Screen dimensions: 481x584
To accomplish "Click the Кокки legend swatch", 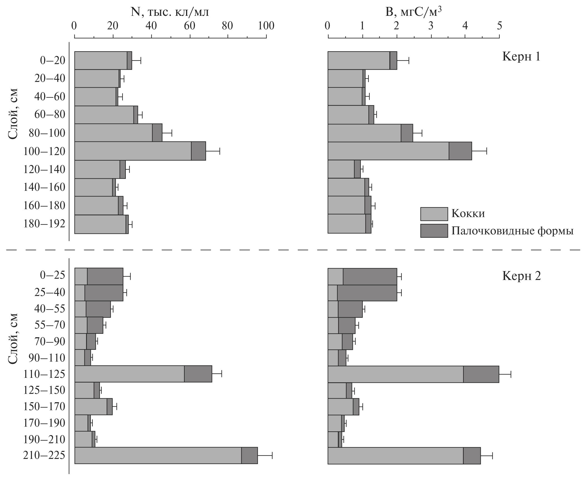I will tap(434, 214).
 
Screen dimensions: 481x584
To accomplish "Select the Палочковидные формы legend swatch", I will tap(434, 231).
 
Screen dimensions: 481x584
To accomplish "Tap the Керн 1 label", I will tap(522, 57).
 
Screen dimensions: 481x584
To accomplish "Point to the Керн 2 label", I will tap(522, 276).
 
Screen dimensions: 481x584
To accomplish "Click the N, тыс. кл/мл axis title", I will tap(170, 12).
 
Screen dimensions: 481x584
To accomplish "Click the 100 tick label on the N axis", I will tap(266, 26).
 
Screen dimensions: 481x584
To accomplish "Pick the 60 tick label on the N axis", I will tap(190, 26).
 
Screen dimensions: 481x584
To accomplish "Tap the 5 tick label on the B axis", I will tap(499, 26).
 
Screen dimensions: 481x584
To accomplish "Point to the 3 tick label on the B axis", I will tap(431, 26).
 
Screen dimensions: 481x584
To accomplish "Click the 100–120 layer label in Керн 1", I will tap(44, 151).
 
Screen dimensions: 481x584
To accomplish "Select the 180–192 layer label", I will tap(44, 224).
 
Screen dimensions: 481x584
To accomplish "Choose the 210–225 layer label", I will tap(44, 455).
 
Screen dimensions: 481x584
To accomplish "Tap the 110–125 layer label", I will tap(44, 374).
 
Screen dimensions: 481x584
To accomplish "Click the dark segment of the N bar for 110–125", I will tap(198, 374).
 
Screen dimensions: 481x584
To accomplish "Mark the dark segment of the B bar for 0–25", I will tap(370, 277).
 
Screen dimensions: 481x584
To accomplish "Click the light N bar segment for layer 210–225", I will tap(158, 455).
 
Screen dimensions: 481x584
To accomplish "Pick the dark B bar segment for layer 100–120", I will tap(460, 151).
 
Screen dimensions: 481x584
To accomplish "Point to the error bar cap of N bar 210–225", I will tap(272, 455).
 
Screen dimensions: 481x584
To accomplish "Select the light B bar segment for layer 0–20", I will tap(359, 60).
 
